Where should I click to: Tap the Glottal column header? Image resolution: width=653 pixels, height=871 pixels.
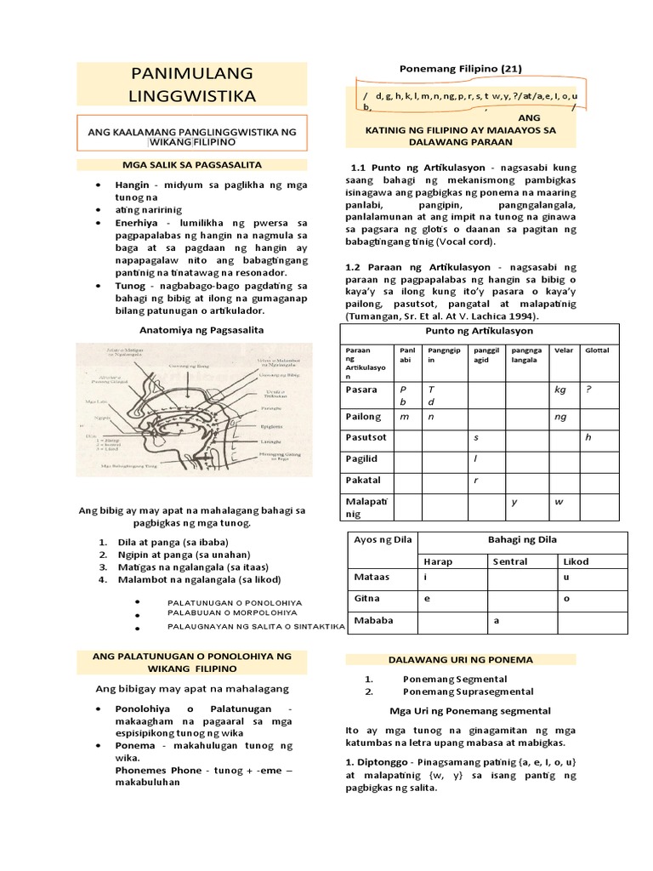pyautogui.click(x=597, y=350)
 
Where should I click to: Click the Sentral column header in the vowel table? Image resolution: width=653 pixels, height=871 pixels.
pyautogui.click(x=510, y=561)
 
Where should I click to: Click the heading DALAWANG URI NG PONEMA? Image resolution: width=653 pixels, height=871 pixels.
pyautogui.click(x=460, y=659)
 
